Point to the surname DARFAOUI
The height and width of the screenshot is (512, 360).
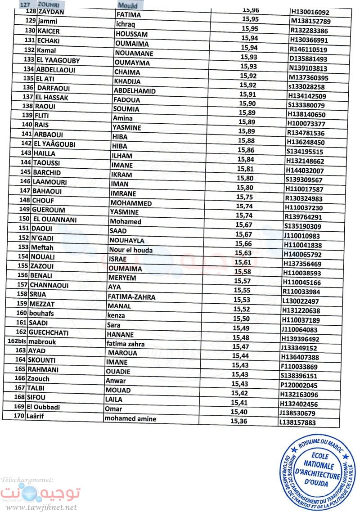click(x=54, y=87)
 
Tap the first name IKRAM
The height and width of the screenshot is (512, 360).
click(x=122, y=174)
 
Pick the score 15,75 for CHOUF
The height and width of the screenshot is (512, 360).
click(x=246, y=198)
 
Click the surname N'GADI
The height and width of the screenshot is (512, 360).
click(x=43, y=238)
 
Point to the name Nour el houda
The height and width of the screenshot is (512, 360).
click(x=130, y=250)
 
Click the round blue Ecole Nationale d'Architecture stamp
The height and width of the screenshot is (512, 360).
click(x=315, y=472)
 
